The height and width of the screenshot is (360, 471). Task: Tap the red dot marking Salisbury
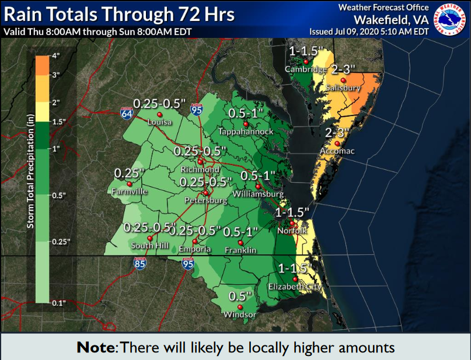[344, 79]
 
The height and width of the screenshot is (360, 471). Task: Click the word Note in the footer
[96, 347]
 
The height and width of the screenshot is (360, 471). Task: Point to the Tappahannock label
[246, 132]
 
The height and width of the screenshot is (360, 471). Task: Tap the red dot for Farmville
[129, 183]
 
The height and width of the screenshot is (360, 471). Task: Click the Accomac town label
[337, 151]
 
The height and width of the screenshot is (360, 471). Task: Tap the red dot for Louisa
[159, 114]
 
